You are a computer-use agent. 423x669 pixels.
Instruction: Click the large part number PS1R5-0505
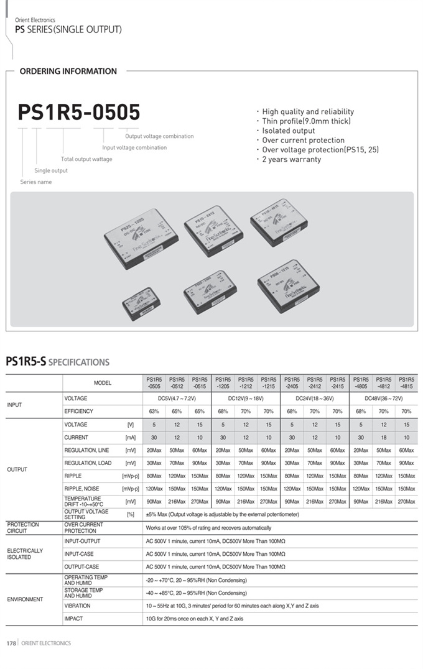(x=79, y=112)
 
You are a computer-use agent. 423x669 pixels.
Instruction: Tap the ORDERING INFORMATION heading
(x=68, y=72)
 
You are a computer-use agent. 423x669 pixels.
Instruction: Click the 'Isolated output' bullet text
(x=288, y=131)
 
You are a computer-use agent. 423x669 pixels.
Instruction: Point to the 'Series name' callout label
(x=36, y=182)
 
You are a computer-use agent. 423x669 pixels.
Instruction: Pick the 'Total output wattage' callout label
(x=86, y=159)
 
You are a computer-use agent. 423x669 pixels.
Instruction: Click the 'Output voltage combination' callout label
(x=159, y=136)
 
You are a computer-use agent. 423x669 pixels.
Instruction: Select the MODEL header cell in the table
(x=103, y=383)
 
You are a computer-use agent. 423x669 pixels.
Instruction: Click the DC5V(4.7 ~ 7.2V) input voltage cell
(x=177, y=398)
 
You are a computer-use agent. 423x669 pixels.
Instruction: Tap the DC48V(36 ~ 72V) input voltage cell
(x=383, y=398)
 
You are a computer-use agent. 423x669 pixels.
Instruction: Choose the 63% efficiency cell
(x=154, y=412)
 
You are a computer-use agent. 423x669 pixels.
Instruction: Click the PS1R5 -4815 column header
(x=406, y=382)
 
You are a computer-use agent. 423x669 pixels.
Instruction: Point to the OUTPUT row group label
(x=17, y=469)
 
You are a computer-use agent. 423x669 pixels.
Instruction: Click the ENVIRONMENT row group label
(x=25, y=599)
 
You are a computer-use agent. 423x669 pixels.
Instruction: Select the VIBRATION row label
(x=77, y=606)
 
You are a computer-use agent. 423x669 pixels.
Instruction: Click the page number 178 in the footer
(x=11, y=644)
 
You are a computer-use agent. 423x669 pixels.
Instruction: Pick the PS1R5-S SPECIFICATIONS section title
(x=57, y=362)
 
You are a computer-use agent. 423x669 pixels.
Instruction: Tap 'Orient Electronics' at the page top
(x=35, y=21)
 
